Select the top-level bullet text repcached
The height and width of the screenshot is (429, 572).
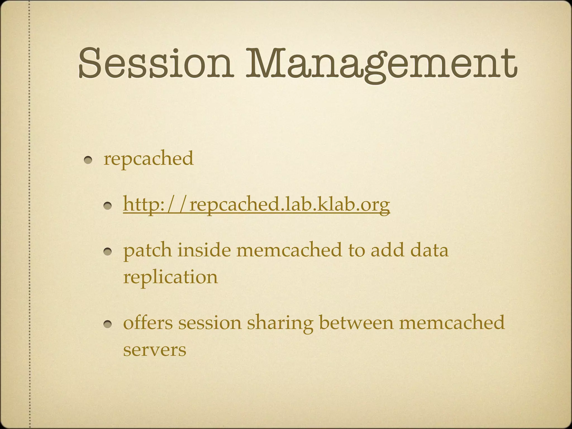[148, 158]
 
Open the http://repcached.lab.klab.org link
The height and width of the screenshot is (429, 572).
[256, 204]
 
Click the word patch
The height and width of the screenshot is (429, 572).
[147, 251]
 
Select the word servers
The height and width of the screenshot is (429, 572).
[154, 350]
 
